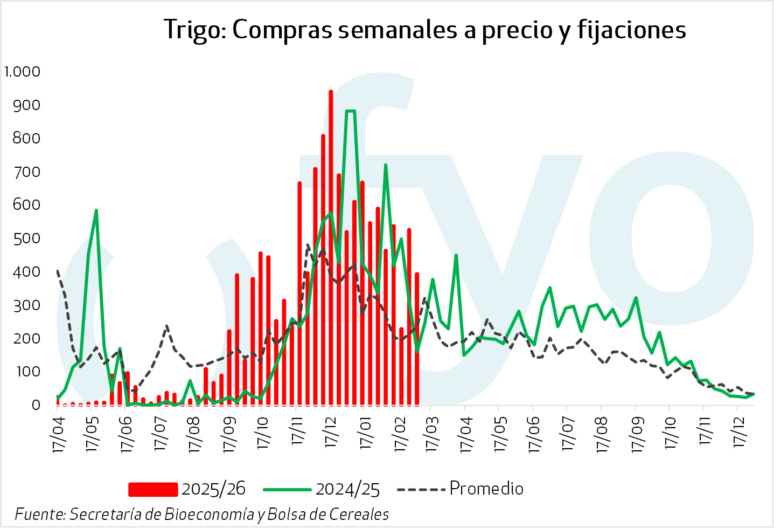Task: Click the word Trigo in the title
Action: [x=194, y=30]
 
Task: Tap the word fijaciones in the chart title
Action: [x=632, y=30]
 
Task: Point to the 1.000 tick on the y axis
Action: [x=22, y=71]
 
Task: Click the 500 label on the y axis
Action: [x=26, y=238]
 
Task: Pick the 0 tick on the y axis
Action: [x=36, y=404]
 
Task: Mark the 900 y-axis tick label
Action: [x=26, y=105]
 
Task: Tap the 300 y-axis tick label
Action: [x=26, y=305]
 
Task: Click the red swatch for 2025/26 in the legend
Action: [x=153, y=489]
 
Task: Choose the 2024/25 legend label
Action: [x=347, y=489]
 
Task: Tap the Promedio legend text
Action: [x=486, y=488]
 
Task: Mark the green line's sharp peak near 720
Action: [x=386, y=166]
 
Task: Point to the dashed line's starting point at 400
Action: [x=57, y=271]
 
